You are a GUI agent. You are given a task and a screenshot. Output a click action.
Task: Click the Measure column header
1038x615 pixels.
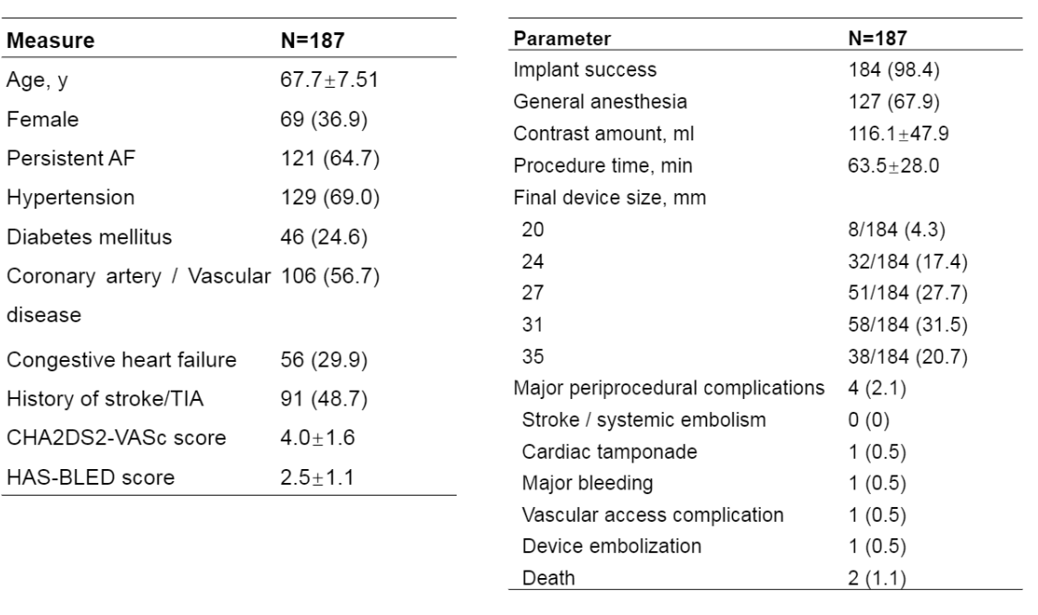[x=50, y=41]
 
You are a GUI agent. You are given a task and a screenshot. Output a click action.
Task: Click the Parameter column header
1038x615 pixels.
[x=562, y=39]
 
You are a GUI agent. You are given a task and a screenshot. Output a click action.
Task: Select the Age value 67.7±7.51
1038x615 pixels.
[x=329, y=79]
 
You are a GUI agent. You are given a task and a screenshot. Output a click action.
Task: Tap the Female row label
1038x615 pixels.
[x=43, y=119]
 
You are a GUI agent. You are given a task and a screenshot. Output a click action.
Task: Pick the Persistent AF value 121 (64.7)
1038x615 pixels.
[x=330, y=159]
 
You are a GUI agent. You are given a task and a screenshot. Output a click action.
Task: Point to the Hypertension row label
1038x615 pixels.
[x=70, y=197]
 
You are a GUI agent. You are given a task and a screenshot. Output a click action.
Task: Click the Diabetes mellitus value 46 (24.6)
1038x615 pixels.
[x=324, y=236]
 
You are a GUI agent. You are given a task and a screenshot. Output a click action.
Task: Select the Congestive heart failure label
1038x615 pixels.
[x=121, y=360]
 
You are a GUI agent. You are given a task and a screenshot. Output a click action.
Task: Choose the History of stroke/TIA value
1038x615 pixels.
[x=324, y=399]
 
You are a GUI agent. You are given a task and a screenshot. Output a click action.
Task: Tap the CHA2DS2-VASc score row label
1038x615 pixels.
[x=116, y=438]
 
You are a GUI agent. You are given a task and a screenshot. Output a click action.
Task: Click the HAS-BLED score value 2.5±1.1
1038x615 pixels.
[x=317, y=477]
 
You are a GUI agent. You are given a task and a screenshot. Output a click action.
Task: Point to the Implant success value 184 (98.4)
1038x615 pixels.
[x=894, y=70]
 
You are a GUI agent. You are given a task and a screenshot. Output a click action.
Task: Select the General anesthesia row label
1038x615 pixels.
[x=600, y=102]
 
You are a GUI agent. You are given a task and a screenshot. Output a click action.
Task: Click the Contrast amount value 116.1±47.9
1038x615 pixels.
[x=898, y=134]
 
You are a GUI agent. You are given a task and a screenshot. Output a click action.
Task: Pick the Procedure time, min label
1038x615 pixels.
[x=603, y=165]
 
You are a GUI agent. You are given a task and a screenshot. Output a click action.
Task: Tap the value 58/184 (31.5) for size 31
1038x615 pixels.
[x=908, y=325]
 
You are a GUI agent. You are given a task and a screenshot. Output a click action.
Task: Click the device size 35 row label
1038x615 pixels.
[x=533, y=356]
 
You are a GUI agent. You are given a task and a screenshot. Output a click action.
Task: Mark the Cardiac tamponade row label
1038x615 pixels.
[x=609, y=452]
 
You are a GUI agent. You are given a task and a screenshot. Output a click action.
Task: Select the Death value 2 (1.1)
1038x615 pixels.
[x=876, y=578]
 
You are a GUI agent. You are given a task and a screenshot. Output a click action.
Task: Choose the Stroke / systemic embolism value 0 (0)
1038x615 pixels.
[x=869, y=420]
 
